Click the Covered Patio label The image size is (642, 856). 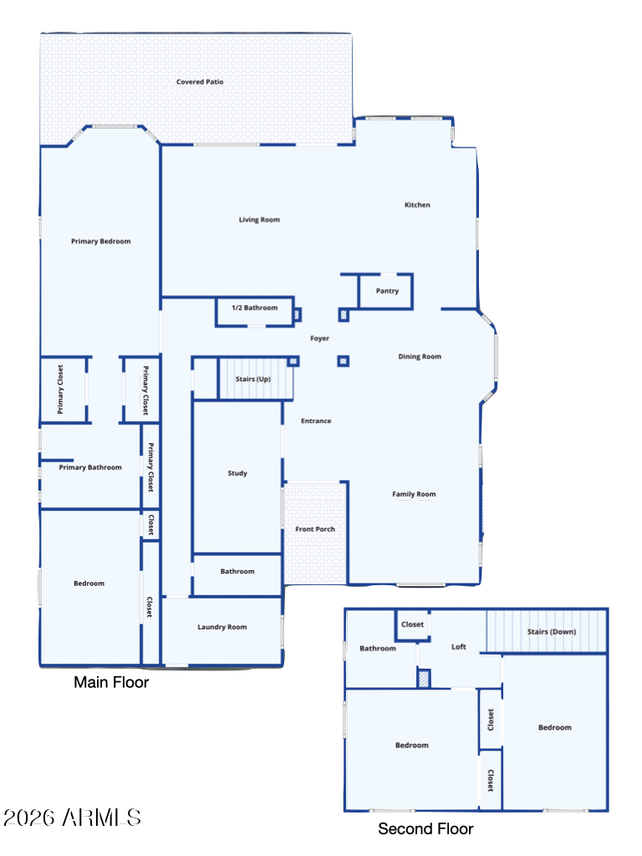(x=200, y=82)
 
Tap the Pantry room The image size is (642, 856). (x=386, y=292)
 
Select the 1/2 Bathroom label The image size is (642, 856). (x=254, y=308)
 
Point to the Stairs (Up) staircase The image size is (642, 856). (x=256, y=379)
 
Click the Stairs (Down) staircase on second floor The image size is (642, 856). (x=547, y=631)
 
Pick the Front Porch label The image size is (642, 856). (x=315, y=529)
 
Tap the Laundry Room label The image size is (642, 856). (x=222, y=627)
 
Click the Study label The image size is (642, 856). (x=237, y=473)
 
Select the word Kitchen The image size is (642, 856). (x=417, y=205)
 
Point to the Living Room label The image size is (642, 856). (x=259, y=220)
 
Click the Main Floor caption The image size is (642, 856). (x=111, y=682)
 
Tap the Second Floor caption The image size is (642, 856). (x=425, y=828)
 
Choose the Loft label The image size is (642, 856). (x=459, y=647)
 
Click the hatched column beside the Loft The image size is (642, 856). (x=424, y=679)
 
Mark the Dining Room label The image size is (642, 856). (x=420, y=356)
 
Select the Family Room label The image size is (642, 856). (x=414, y=494)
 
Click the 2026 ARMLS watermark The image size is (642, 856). (x=72, y=818)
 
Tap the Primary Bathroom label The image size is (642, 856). (x=90, y=467)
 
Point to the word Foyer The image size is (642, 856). (x=319, y=339)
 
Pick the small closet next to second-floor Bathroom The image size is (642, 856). (x=412, y=625)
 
